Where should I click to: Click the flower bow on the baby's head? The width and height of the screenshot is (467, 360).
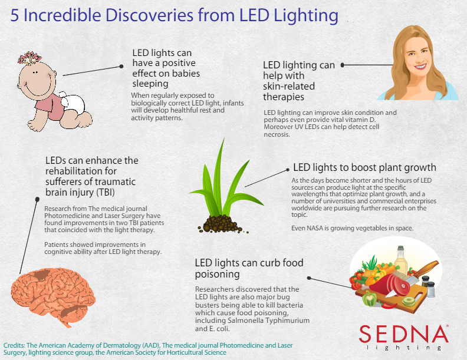(29, 58)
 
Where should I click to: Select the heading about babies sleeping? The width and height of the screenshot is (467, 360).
(166, 68)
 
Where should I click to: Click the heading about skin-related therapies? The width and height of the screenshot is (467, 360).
(299, 81)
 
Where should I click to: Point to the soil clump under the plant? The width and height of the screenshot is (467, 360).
(221, 224)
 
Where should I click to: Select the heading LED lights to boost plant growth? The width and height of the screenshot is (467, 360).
(364, 167)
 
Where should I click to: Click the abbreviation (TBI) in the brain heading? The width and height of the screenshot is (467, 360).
(105, 192)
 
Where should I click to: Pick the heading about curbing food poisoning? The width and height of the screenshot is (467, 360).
(249, 268)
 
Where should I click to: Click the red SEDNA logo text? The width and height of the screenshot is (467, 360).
(403, 334)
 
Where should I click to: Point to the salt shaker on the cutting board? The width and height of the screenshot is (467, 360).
(430, 289)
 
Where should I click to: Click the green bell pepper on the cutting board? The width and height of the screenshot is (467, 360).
(370, 299)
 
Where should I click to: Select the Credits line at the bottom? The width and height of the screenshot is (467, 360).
(148, 349)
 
